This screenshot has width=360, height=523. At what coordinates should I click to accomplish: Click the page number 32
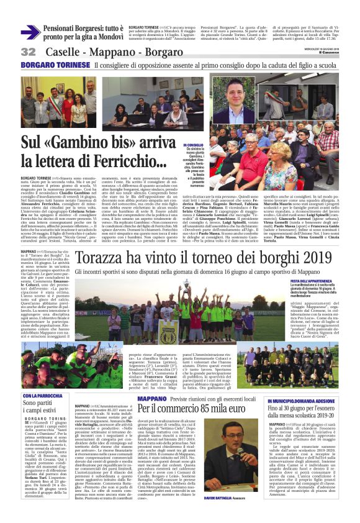tap(29, 52)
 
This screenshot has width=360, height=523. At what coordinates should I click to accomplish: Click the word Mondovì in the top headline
tap(106, 38)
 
